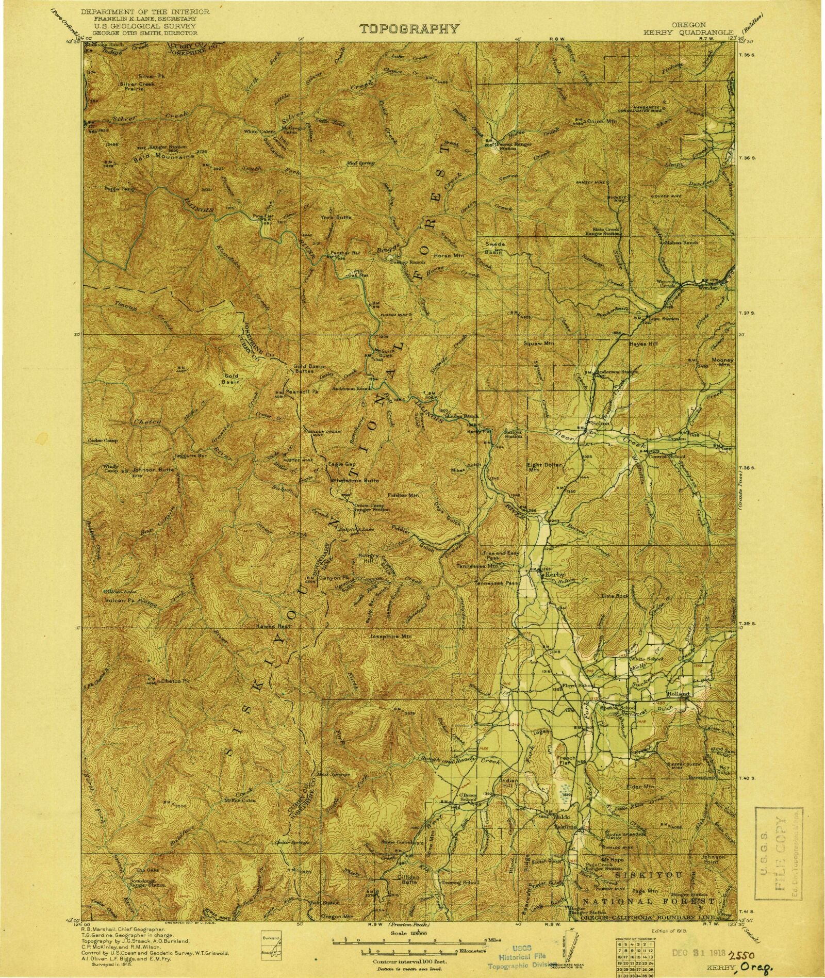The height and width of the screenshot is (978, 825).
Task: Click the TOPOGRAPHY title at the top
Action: (x=409, y=29)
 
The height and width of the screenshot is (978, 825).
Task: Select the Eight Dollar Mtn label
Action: (x=540, y=467)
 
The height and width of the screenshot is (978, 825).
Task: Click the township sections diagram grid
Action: (x=633, y=950)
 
